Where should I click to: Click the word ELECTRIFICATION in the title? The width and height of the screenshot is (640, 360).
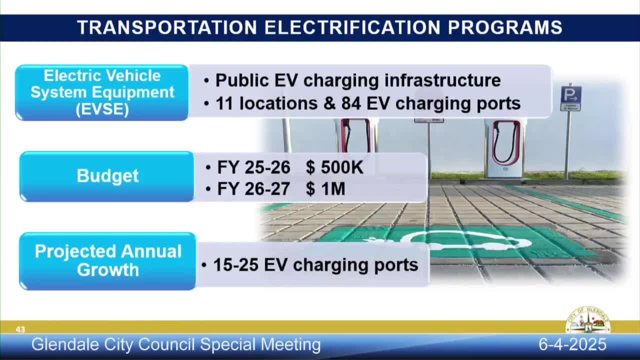point(352,27)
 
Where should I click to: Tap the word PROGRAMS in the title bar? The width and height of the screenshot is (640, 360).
point(505,27)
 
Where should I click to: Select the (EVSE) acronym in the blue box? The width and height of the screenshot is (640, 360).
point(102,109)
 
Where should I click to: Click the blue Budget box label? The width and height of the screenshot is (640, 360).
point(107,176)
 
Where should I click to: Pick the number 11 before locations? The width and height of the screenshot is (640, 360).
point(225,103)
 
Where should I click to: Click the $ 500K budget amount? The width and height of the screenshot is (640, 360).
point(334,167)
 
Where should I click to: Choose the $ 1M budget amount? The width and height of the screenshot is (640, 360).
point(325,189)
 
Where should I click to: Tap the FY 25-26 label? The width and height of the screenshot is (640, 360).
point(253,167)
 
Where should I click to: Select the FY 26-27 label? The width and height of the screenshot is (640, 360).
point(253,189)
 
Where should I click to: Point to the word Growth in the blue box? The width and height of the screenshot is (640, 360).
point(107,269)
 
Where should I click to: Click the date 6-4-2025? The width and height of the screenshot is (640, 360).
point(572,344)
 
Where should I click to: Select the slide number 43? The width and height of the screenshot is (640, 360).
point(20,329)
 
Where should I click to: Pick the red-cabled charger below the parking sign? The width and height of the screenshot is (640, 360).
point(504,148)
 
